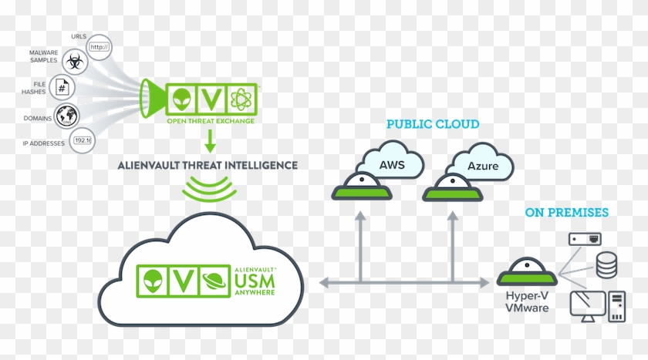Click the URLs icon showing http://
(100, 47)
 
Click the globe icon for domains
(67, 116)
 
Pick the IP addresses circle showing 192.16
(82, 140)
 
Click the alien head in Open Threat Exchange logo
(181, 99)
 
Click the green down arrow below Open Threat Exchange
(210, 141)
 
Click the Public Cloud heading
(432, 124)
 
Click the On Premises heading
(566, 212)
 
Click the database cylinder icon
(606, 267)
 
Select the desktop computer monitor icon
(586, 304)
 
